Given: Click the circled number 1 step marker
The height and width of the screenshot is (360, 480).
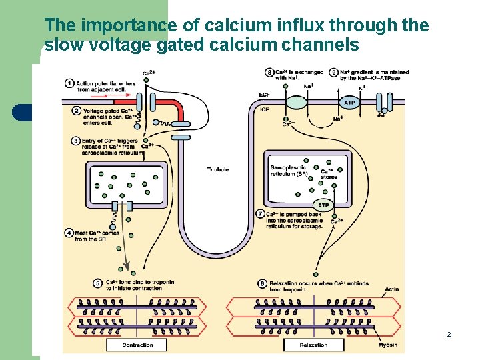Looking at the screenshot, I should click(69, 83).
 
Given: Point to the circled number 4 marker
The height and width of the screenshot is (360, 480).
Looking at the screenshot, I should click(69, 233).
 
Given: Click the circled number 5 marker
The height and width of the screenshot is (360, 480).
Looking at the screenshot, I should click(97, 283).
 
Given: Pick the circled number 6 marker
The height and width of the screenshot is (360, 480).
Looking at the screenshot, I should click(261, 283).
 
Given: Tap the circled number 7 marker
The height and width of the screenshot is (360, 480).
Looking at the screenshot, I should click(261, 214).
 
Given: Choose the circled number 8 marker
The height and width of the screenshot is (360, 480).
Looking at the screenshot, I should click(269, 72).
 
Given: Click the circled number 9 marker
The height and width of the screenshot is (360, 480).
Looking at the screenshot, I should click(334, 72).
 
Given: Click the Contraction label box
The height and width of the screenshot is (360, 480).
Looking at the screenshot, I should click(138, 345).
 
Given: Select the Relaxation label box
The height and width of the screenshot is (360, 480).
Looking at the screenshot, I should click(313, 345).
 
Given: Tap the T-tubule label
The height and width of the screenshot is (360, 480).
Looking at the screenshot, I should click(218, 169).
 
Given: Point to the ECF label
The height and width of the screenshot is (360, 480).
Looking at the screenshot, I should click(264, 95).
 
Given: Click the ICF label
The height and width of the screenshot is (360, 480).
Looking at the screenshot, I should click(264, 109).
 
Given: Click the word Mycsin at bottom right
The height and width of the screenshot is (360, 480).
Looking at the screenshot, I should click(387, 345).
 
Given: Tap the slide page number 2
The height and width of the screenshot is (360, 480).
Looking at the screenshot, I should click(449, 333).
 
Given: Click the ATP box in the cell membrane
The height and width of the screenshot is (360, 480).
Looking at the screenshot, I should click(349, 103).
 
